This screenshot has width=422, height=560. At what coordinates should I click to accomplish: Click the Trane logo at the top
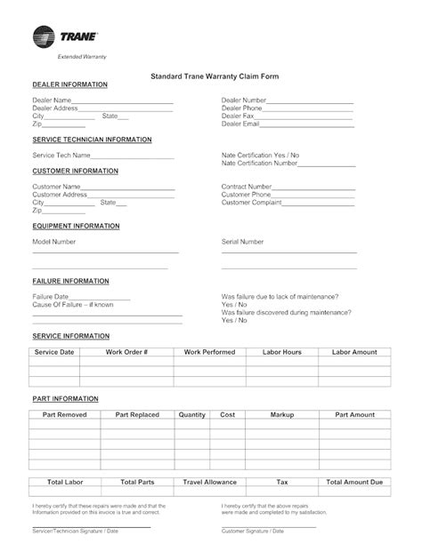pyautogui.click(x=65, y=37)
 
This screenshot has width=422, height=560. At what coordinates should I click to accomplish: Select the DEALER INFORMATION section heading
pyautogui.click(x=69, y=84)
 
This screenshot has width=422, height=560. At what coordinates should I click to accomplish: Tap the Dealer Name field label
pyautogui.click(x=51, y=100)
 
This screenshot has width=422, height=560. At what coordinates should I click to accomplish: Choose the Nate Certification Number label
pyautogui.click(x=259, y=163)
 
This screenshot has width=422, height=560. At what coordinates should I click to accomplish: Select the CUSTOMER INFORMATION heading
pyautogui.click(x=75, y=170)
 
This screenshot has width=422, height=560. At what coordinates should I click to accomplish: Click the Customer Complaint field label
pyautogui.click(x=253, y=202)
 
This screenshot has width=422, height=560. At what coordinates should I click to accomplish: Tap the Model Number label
pyautogui.click(x=54, y=241)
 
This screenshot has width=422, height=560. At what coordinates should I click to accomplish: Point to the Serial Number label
pyautogui.click(x=242, y=241)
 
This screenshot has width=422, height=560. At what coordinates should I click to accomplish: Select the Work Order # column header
pyautogui.click(x=127, y=352)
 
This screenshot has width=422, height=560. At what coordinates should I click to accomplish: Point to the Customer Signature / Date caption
pyautogui.click(x=253, y=531)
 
